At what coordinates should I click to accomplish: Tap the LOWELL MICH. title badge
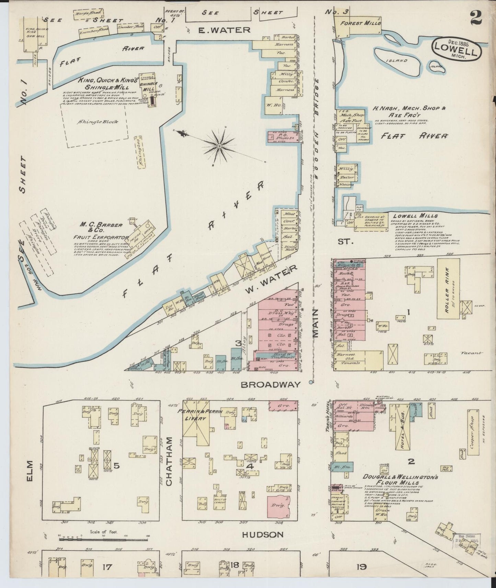coord(457,49)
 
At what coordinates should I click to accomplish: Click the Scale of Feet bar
coord(103,546)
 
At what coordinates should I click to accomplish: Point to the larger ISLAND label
coord(397,61)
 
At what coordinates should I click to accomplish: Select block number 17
coord(107,566)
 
